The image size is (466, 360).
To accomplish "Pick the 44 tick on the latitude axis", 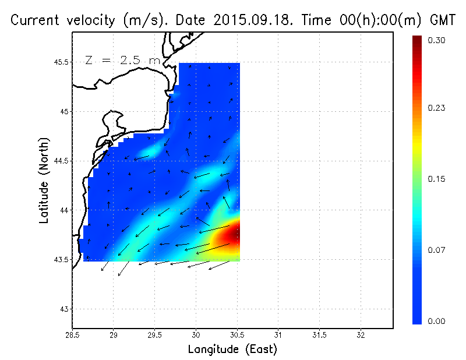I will click(x=63, y=210).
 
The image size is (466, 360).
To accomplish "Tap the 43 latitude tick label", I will click(x=63, y=309).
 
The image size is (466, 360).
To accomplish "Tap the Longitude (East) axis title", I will click(x=232, y=349).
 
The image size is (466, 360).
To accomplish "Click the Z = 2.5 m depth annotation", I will click(x=122, y=60).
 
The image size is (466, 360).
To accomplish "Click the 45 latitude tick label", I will click(x=63, y=111).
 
